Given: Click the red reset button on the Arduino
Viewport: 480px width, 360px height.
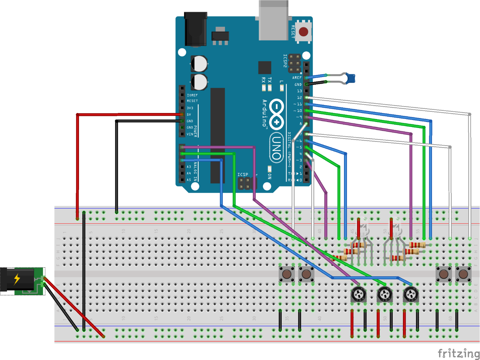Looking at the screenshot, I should [x=303, y=32].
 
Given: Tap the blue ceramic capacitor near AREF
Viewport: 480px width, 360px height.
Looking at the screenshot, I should [x=350, y=78].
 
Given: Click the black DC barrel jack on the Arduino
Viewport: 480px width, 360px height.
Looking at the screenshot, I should [x=196, y=30].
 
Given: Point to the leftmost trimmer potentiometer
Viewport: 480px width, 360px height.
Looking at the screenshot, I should [x=358, y=294].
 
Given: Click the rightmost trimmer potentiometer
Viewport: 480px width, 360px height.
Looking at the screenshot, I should [x=411, y=294].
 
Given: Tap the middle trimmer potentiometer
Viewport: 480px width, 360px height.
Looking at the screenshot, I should [x=385, y=294].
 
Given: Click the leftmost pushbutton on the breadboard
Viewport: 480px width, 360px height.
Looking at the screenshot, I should [x=287, y=274].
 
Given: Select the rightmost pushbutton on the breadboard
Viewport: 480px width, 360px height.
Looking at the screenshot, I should [x=463, y=274].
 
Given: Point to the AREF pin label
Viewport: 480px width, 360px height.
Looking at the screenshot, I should [x=297, y=78].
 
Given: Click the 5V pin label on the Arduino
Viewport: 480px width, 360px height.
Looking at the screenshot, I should [x=189, y=115].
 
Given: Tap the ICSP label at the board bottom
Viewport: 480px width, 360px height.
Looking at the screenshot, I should [x=243, y=174].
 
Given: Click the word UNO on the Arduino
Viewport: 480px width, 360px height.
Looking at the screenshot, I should [x=276, y=147].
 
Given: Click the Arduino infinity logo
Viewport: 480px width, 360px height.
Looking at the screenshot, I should [x=276, y=114].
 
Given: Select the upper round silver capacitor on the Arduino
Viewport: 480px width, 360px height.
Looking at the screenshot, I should [x=199, y=64].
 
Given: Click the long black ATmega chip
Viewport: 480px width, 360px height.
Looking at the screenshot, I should [x=217, y=135].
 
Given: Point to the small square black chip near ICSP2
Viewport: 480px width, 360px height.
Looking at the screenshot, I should [x=265, y=68].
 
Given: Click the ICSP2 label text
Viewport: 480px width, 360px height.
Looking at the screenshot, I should [x=285, y=61].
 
